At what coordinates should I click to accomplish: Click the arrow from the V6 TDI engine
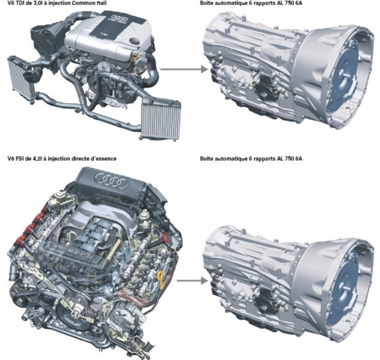coord(184,70)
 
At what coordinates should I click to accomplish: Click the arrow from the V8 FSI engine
coord(192,281)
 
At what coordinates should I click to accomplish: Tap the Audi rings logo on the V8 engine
coord(112,180)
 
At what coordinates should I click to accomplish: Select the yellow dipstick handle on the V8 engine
coord(161,279)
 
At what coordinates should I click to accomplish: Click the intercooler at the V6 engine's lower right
coord(161,119)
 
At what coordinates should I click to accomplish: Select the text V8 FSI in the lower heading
coord(16,159)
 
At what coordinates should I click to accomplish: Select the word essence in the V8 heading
coord(106,159)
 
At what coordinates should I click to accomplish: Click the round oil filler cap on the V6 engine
coord(135,41)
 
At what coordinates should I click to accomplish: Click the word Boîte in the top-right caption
coord(206,3)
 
